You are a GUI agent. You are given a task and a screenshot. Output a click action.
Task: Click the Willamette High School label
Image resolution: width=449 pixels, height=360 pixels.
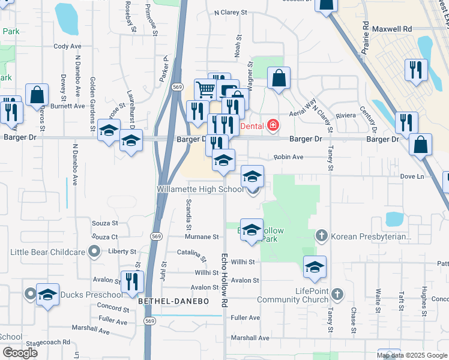pos(200,188)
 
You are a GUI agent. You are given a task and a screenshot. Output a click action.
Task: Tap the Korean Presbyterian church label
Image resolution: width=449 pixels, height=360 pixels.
pos(372,236)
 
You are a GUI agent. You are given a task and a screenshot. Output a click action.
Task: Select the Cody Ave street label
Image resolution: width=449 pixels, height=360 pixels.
pos(67,46)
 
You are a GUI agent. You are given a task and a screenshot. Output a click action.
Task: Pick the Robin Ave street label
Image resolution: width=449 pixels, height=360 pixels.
pos(289,157)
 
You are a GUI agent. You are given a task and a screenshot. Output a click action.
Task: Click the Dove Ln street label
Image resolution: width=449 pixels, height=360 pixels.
pos(412,176)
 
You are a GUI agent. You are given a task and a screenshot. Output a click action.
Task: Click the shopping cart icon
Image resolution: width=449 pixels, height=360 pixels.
pos(205,90)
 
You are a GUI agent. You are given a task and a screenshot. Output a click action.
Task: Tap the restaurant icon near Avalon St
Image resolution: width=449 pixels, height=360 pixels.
pos(131,281)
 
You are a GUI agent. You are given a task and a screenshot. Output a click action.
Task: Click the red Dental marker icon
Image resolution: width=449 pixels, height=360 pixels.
pos(273,126)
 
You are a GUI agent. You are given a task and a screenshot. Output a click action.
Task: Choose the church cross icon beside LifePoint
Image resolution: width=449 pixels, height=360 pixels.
pos(337,294)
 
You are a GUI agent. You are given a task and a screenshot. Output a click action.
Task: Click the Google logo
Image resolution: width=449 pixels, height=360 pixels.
pos(20,353)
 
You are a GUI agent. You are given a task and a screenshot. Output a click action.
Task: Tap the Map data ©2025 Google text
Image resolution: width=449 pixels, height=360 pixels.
pos(412,355)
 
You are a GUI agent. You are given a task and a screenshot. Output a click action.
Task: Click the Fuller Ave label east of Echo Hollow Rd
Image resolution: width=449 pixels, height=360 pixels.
pos(245,317)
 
